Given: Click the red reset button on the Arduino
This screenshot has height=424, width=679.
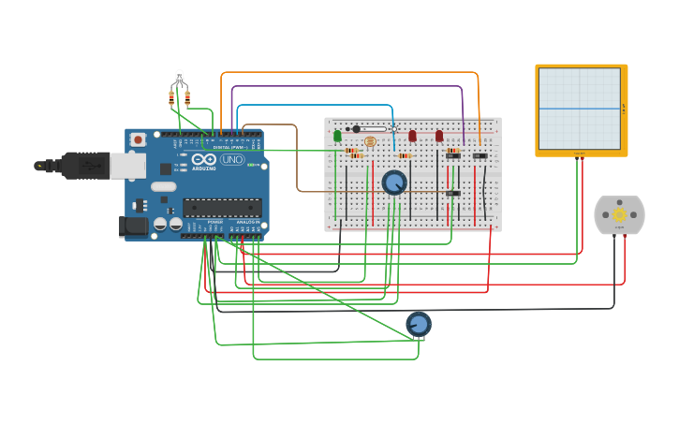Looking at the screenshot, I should pyautogui.click(x=138, y=139).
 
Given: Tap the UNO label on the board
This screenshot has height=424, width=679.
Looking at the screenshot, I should pyautogui.click(x=232, y=159).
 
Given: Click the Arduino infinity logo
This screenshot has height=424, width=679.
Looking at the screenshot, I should pyautogui.click(x=204, y=159).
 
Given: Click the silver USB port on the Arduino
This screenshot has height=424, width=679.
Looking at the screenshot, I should pyautogui.click(x=127, y=166).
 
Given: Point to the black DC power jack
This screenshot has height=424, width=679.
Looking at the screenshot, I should pyautogui.click(x=133, y=226).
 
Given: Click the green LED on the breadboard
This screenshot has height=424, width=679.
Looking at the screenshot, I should pyautogui.click(x=337, y=136).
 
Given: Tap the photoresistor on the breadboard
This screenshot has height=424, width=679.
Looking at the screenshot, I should pyautogui.click(x=370, y=141).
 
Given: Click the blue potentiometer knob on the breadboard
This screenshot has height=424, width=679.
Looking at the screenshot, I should pyautogui.click(x=394, y=182).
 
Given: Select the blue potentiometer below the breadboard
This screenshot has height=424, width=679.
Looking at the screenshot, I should pyautogui.click(x=419, y=324).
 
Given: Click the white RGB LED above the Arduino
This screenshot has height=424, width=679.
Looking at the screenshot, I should pyautogui.click(x=180, y=76).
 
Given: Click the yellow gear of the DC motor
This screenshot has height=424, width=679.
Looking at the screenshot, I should pyautogui.click(x=619, y=214).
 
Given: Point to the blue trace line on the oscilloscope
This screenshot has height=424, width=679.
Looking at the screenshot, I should pyautogui.click(x=581, y=109).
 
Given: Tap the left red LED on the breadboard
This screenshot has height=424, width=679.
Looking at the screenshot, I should pyautogui.click(x=412, y=136).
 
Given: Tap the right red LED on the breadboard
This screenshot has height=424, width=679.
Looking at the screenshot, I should pyautogui.click(x=439, y=136).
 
